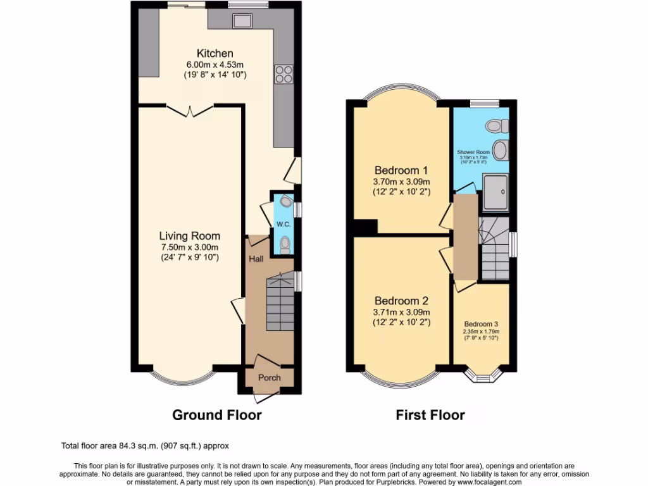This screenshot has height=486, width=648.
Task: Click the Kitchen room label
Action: pyautogui.click(x=215, y=53)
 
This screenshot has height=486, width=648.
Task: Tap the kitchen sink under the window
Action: pyautogui.click(x=242, y=21)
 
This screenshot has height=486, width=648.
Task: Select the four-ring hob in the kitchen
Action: pyautogui.click(x=283, y=74)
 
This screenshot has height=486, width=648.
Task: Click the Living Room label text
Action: pyautogui.click(x=189, y=235)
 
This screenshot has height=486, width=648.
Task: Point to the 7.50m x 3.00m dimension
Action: pyautogui.click(x=189, y=247)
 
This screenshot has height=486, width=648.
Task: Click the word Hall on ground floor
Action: pyautogui.click(x=256, y=259)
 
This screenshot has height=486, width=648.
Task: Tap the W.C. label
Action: pyautogui.click(x=282, y=225)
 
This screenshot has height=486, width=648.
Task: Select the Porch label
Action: pyautogui.click(x=269, y=378)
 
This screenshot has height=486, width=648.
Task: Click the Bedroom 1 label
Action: pyautogui.click(x=401, y=170)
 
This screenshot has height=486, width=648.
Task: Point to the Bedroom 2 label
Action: pyautogui.click(x=401, y=301)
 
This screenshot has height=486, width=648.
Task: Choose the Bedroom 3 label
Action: pyautogui.click(x=481, y=323)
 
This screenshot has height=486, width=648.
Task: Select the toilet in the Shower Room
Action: pyautogui.click(x=494, y=126)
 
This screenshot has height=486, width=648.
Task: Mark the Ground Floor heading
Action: pyautogui.click(x=217, y=415)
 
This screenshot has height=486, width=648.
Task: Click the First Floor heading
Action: pyautogui.click(x=430, y=415)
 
